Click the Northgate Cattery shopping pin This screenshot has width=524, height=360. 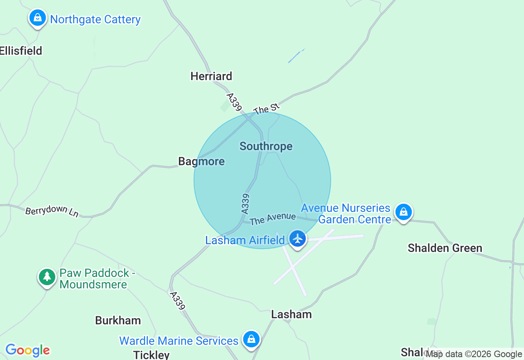pos(38,18)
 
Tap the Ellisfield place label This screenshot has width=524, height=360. pos(21,51)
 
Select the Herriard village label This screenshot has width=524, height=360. pos(211,76)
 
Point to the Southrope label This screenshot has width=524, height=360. pos(266,146)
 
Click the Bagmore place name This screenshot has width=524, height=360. pos(201,161)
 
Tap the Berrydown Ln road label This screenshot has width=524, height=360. pos(52,211)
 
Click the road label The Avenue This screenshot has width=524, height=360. pos(273,218)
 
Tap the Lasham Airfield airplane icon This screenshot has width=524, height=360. pos(298,239)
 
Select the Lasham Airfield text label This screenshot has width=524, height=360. pos(245,240)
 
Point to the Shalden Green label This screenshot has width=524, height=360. pos(445,248)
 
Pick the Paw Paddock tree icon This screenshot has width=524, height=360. pos(47,277)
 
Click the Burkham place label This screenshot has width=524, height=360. pos(118,320)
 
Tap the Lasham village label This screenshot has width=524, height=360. pos(291,314)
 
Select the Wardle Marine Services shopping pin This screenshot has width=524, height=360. pos(251,340)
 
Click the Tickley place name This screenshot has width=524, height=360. pos(151,354)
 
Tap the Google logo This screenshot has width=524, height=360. pos(27,351)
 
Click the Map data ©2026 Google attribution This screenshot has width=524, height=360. pos(474,354)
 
